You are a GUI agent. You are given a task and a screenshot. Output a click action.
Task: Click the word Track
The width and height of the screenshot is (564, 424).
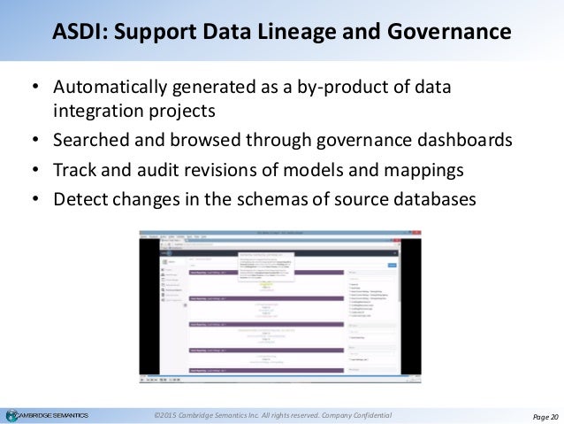[73, 171]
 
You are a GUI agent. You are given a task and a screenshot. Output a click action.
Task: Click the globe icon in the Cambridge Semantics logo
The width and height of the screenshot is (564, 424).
[11, 415]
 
